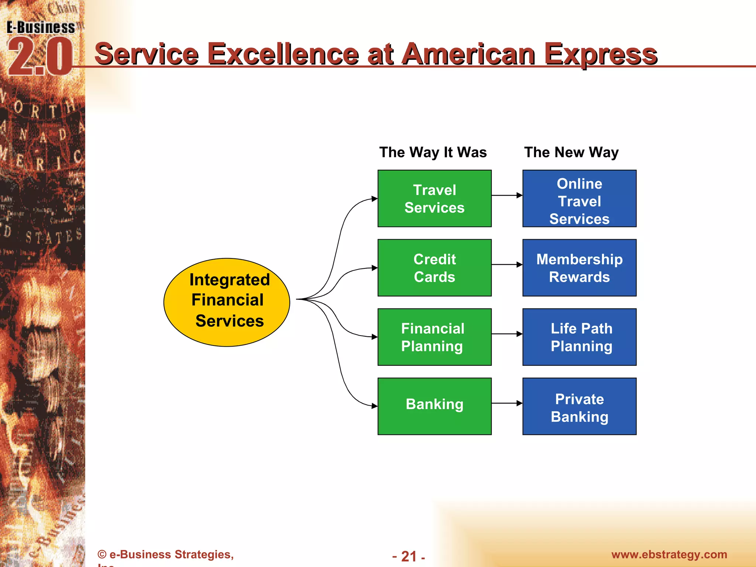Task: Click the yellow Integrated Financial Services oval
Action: (227, 302)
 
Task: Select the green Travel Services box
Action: (434, 199)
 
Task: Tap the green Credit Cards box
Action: (434, 268)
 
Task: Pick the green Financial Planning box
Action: (434, 337)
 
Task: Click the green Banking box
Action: (434, 406)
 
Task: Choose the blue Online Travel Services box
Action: (579, 199)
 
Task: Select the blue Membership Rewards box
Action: (579, 268)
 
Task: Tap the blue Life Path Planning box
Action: (579, 337)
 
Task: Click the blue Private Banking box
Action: (579, 406)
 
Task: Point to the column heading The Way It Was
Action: (433, 152)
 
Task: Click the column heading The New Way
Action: (571, 152)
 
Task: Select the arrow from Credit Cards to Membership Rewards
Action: (507, 265)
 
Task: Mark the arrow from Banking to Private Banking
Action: (507, 403)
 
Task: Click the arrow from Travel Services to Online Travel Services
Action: (507, 195)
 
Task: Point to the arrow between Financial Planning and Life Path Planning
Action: (507, 334)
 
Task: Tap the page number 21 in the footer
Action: (409, 556)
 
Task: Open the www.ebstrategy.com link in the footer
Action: (669, 554)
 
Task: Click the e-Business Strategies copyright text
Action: (166, 554)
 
